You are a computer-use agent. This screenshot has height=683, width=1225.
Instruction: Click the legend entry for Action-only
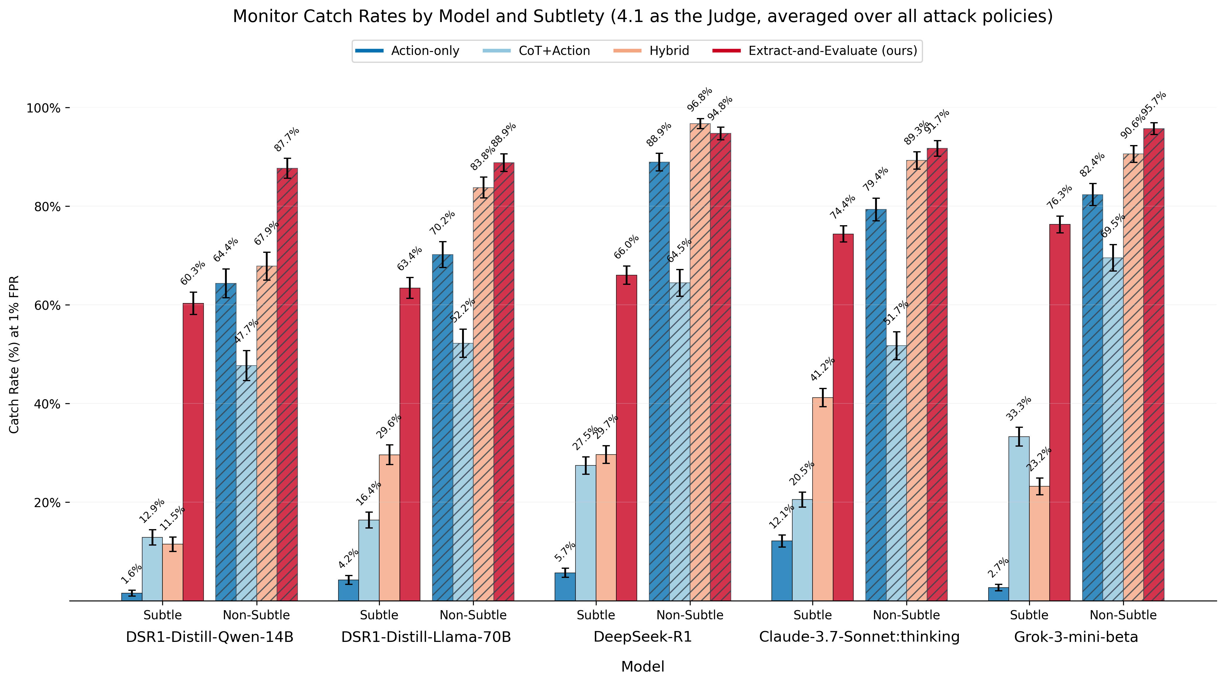(x=425, y=51)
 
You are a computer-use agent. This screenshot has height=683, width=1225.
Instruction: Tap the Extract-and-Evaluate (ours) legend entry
(x=833, y=51)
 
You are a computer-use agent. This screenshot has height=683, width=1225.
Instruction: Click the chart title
(x=642, y=17)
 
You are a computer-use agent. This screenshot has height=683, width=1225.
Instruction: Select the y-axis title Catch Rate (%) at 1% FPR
(x=14, y=354)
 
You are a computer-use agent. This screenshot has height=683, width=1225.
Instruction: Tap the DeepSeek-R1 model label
(x=642, y=637)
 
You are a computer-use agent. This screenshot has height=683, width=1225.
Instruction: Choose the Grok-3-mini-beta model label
(x=1076, y=637)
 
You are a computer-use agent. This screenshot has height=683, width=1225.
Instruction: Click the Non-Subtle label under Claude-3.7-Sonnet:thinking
(x=906, y=615)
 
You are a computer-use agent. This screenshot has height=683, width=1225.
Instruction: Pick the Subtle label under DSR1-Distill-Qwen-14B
(x=163, y=615)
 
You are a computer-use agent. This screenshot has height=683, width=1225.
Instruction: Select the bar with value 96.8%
(x=700, y=361)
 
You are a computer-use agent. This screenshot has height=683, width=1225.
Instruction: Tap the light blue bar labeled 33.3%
(x=1018, y=518)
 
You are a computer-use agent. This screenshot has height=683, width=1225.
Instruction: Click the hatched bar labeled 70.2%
(x=442, y=428)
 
